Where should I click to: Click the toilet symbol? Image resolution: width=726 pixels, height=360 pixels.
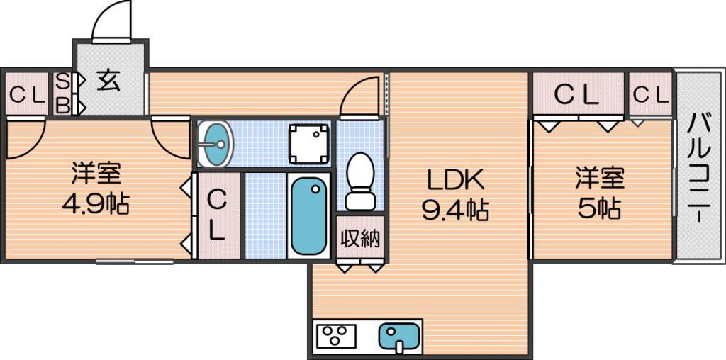pos(360,181)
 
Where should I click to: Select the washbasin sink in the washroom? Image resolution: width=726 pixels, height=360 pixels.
pos(216,143)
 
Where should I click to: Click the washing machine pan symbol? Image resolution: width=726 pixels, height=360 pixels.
pos(309,143)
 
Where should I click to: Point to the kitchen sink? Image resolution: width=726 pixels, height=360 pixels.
pos(400,337)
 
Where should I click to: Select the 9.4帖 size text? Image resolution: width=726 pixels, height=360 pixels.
pos(454,210)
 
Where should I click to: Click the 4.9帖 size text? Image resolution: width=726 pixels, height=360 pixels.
pos(96,203)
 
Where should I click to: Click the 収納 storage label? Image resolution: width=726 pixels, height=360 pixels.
pos(360,239)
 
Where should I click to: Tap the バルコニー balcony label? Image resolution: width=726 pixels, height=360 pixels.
pos(698,167)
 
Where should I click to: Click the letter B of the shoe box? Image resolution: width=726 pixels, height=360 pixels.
pos(62,106)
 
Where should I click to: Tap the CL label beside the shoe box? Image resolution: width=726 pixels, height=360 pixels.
pos(28,96)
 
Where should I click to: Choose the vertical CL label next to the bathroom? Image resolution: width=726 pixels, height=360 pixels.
pos(216,215)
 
